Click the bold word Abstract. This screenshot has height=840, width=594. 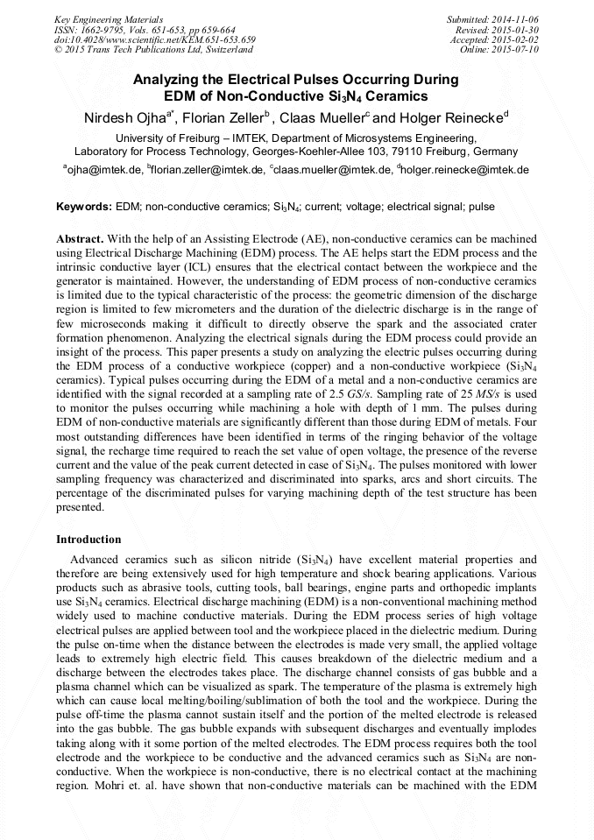click(80, 239)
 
